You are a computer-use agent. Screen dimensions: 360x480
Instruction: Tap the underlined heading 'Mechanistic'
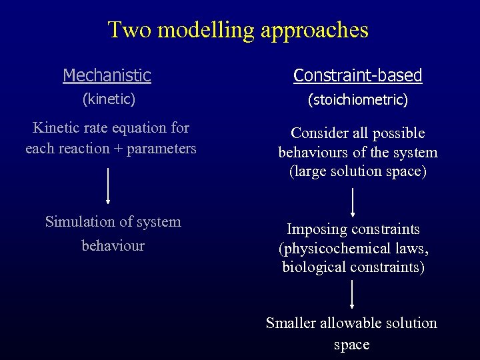107,75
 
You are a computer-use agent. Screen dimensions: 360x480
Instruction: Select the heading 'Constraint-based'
358,75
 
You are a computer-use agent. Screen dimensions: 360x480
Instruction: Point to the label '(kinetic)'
108,99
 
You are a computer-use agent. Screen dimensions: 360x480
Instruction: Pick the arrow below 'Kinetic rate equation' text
108,185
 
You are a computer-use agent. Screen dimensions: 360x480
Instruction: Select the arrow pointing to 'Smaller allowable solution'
353,294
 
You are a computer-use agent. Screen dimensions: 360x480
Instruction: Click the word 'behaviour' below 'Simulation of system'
113,245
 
